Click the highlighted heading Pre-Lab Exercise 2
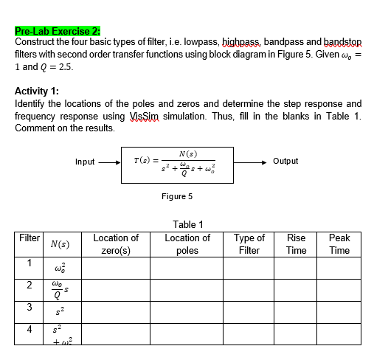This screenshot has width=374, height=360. [x=56, y=31]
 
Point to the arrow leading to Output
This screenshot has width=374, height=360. [x=251, y=161]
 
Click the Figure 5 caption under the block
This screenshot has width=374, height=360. [x=177, y=196]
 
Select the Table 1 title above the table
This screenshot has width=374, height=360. [x=187, y=224]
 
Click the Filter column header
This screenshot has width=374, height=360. [x=29, y=238]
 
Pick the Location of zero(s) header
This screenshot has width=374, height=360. [x=116, y=244]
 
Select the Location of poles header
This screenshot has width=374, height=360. [x=187, y=244]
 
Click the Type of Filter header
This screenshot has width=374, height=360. [x=249, y=244]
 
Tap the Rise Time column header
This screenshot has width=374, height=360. [x=296, y=244]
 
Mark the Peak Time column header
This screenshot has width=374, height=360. [x=340, y=244]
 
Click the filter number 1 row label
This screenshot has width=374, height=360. [x=28, y=263]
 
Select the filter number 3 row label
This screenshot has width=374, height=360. [x=28, y=309]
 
